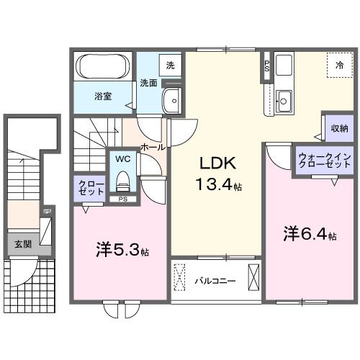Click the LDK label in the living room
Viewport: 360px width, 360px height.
(x=212, y=163)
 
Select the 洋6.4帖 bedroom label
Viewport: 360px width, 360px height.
(x=310, y=234)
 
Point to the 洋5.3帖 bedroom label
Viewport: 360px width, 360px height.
(x=122, y=252)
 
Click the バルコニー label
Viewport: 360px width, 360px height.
(x=215, y=280)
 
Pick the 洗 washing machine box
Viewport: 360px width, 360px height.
(x=171, y=64)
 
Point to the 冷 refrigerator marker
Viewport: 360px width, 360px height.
(x=339, y=65)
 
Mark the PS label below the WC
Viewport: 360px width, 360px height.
(x=123, y=199)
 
